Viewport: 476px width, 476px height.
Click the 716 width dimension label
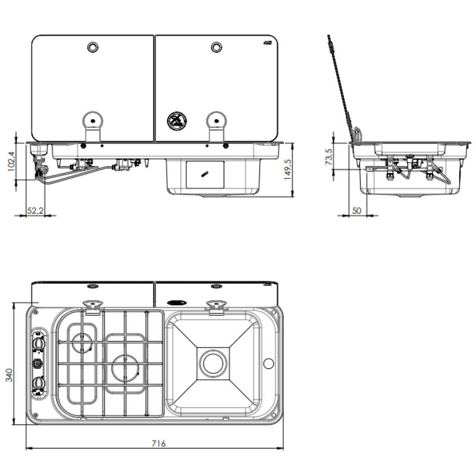(x=158, y=443)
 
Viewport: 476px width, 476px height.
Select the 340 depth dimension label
(x=9, y=374)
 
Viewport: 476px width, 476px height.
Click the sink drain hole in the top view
(x=212, y=362)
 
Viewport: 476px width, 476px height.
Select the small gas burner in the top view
(x=82, y=343)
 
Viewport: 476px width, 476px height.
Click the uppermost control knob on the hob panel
(x=39, y=345)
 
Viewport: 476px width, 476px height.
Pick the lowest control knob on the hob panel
(x=39, y=383)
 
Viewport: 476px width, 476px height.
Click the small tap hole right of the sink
(x=268, y=363)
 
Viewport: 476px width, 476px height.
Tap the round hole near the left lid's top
(x=93, y=47)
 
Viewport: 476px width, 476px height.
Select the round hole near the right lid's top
(x=216, y=47)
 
